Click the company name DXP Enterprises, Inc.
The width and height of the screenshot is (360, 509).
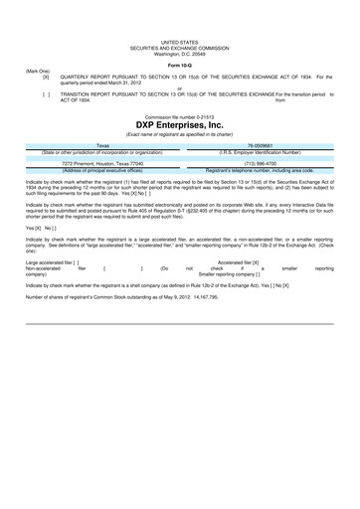pyautogui.click(x=180, y=124)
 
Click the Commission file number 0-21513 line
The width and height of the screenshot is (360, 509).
pyautogui.click(x=180, y=115)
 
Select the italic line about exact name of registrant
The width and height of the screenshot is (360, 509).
pyautogui.click(x=180, y=133)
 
